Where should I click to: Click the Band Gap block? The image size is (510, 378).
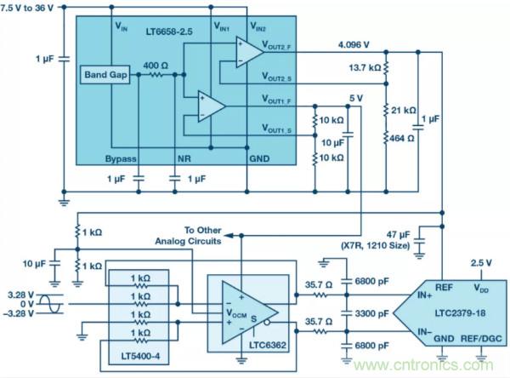click(x=105, y=76)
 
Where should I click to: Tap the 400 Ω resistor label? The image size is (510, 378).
click(x=155, y=66)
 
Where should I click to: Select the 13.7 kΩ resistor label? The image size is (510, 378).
click(x=365, y=66)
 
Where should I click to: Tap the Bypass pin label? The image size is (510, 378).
click(x=122, y=158)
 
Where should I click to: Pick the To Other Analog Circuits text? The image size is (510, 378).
click(x=191, y=236)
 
